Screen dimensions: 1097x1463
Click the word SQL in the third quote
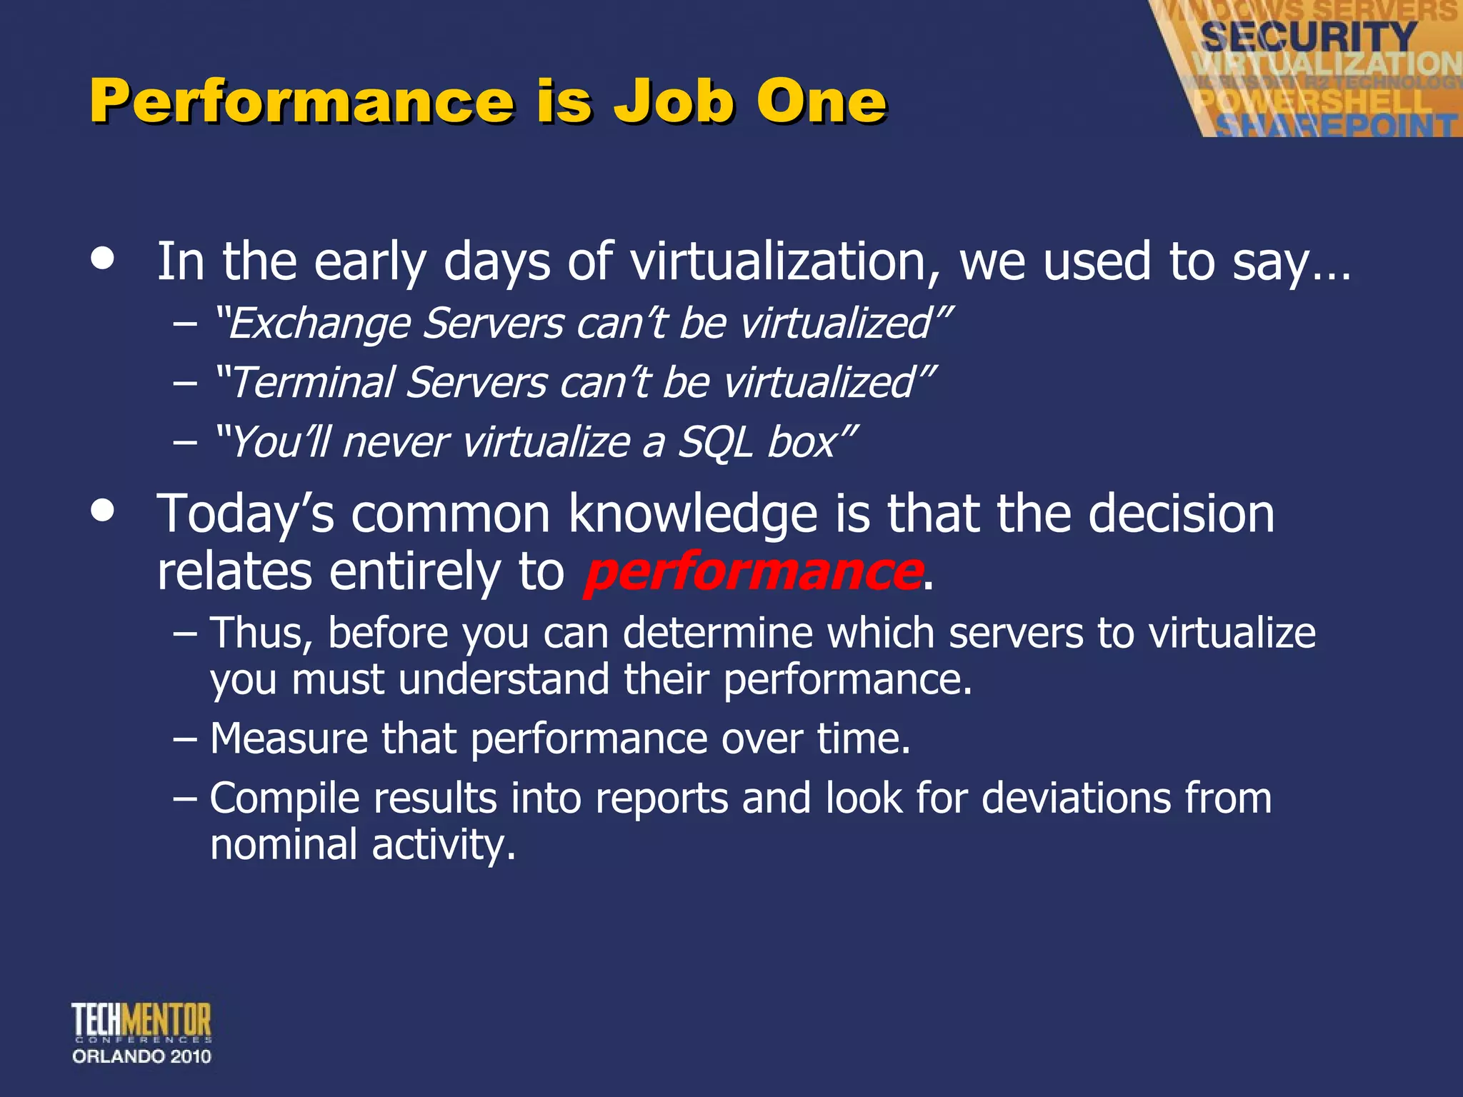tap(715, 443)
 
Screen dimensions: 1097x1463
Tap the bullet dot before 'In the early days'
tap(103, 259)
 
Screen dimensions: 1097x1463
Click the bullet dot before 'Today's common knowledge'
tap(103, 511)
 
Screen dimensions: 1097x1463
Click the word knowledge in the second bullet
tap(693, 514)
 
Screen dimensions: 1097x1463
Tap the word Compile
tap(284, 798)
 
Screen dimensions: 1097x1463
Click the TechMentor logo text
tap(141, 1020)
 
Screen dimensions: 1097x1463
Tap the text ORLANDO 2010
tap(141, 1057)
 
